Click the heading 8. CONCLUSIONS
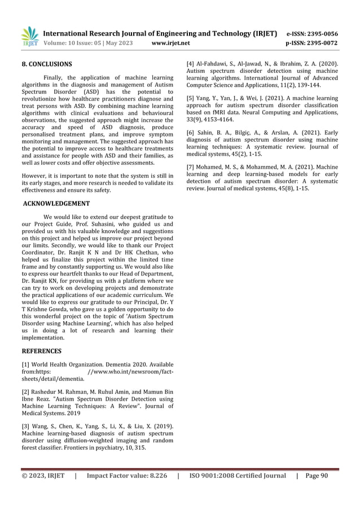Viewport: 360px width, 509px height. pyautogui.click(x=46, y=64)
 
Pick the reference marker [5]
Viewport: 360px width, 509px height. pyautogui.click(x=191, y=98)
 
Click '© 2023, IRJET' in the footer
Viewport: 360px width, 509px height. pyautogui.click(x=43, y=476)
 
